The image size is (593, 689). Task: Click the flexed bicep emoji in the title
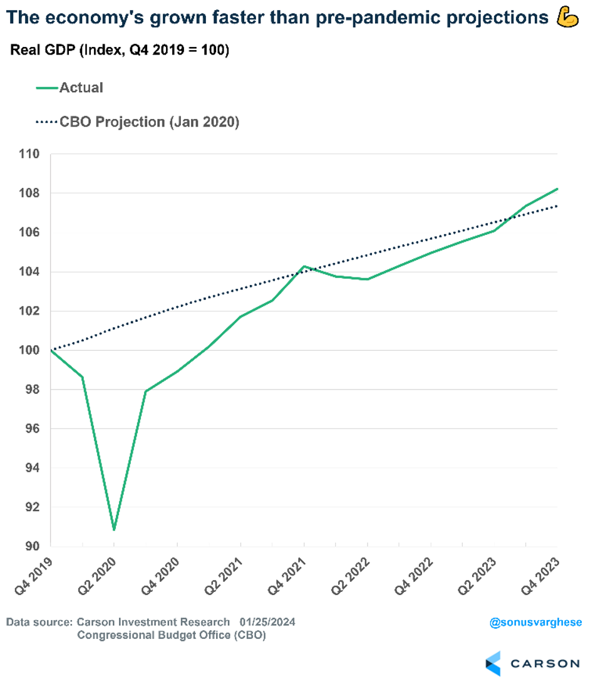tap(568, 18)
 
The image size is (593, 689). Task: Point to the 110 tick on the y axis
tap(29, 154)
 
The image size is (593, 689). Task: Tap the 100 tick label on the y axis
tap(29, 350)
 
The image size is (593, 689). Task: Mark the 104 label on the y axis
tap(29, 272)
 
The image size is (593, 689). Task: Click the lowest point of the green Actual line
tap(114, 530)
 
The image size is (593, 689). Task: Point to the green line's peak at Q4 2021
tap(304, 266)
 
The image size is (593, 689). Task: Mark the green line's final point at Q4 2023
tap(557, 189)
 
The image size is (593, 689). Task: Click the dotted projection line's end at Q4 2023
tap(557, 206)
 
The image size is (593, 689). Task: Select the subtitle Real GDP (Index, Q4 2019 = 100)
tap(120, 51)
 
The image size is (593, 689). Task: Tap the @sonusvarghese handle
tap(535, 623)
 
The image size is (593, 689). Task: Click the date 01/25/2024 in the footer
tap(267, 622)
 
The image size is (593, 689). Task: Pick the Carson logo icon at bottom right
tap(493, 663)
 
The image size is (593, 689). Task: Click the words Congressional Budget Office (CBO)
tap(170, 636)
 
